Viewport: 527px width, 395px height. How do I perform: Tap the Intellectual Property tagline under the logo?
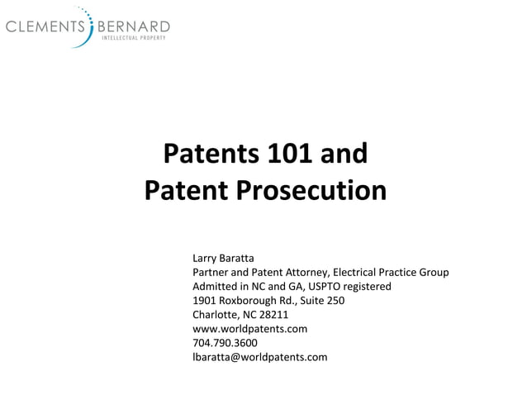(x=134, y=38)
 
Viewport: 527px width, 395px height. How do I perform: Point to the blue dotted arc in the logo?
(x=88, y=25)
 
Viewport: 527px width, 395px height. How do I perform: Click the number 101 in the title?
(x=290, y=155)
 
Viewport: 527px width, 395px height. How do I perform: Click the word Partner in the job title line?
(x=212, y=272)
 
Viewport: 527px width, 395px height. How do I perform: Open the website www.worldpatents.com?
(x=249, y=328)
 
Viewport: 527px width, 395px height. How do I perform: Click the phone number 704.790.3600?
(x=225, y=342)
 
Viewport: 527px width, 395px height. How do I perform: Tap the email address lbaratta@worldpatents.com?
(x=259, y=356)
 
